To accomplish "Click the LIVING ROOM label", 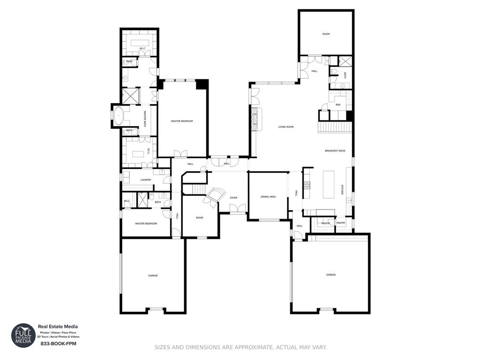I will (x=286, y=127).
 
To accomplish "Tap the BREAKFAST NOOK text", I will (x=335, y=151).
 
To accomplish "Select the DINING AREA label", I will (x=268, y=197).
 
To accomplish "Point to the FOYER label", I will (x=233, y=198).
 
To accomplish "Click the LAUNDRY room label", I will (x=146, y=180).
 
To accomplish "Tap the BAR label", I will (x=338, y=105).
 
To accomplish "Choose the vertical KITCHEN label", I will (x=342, y=190).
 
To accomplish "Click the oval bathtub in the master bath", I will (x=119, y=115).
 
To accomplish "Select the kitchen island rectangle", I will (x=328, y=184).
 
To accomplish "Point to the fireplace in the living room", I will (x=255, y=119).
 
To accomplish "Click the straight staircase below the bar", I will (x=335, y=127).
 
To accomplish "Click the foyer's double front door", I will (x=238, y=209).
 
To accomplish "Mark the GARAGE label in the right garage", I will (x=331, y=275).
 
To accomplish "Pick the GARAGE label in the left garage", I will (x=153, y=276).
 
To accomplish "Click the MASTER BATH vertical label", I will (x=145, y=119).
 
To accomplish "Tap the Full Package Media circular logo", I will (x=23, y=335).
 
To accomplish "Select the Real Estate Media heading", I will (x=58, y=327).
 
